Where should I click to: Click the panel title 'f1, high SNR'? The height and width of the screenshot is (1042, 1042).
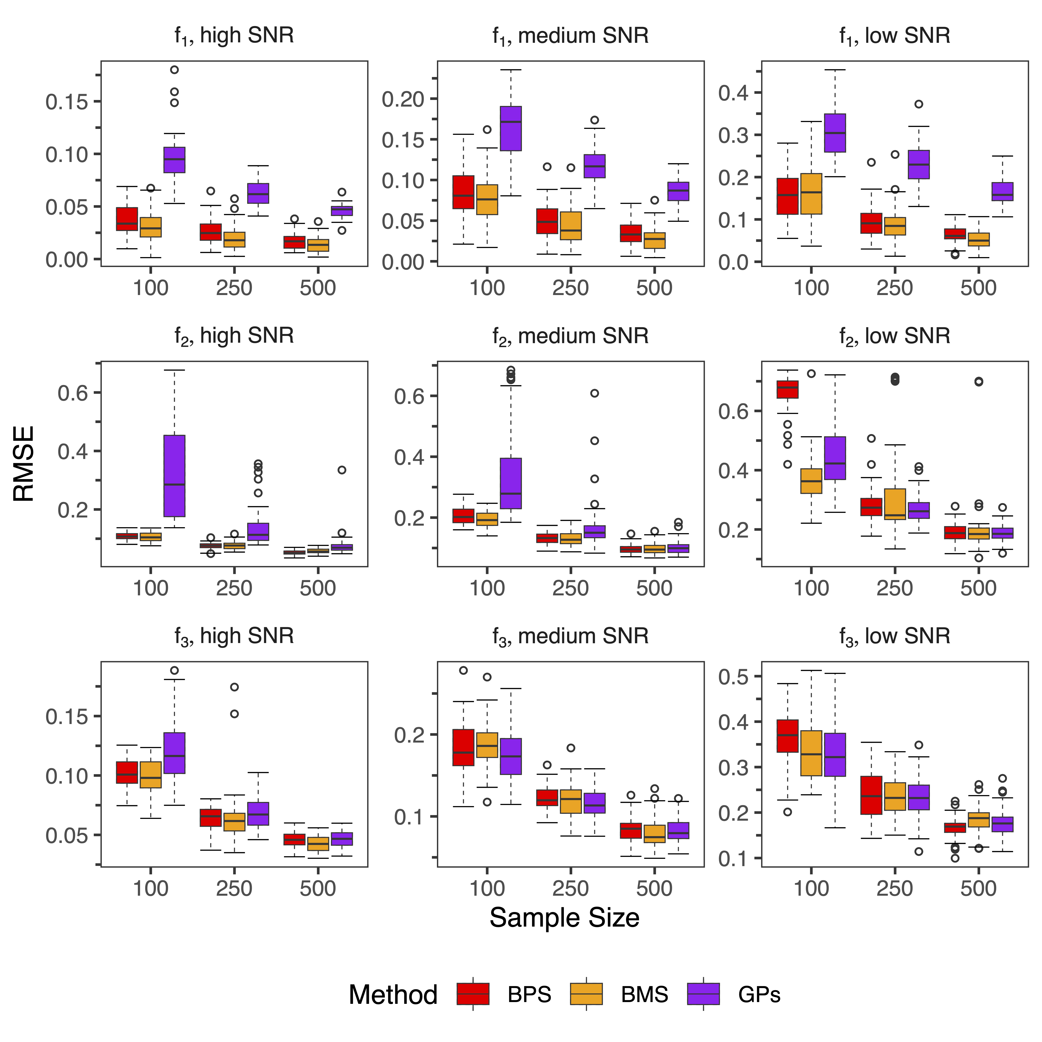tap(234, 36)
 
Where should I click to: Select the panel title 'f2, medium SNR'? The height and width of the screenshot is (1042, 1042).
tap(570, 336)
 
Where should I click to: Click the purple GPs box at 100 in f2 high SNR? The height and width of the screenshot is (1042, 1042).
tap(174, 476)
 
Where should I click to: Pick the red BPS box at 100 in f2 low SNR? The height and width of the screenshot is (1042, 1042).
tap(787, 389)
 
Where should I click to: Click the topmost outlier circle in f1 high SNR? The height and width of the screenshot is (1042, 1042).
tap(174, 70)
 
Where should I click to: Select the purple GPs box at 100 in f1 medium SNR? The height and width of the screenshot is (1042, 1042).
tap(511, 128)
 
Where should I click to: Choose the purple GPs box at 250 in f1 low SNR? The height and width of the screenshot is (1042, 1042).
tap(918, 164)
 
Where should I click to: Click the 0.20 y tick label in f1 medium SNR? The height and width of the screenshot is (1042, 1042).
tap(403, 99)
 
